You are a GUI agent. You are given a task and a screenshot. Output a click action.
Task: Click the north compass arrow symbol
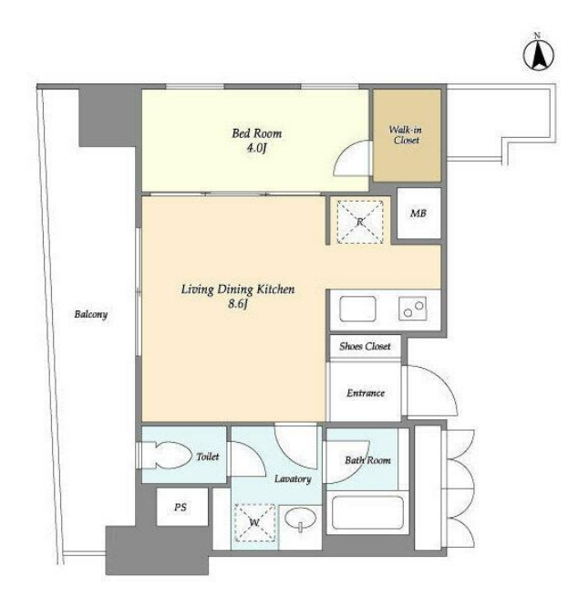click(x=538, y=56)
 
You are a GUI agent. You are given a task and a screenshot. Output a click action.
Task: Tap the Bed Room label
click(x=257, y=133)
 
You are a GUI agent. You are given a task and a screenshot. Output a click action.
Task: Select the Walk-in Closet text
click(x=406, y=135)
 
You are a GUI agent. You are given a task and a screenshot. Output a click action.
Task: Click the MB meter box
click(x=418, y=213)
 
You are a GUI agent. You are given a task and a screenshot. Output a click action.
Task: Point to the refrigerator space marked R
click(x=360, y=222)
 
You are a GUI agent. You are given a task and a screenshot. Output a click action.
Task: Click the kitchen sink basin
click(x=357, y=309)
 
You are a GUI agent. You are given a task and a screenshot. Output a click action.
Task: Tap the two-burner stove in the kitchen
click(x=412, y=309)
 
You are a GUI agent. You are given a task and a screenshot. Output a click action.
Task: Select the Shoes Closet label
click(x=365, y=346)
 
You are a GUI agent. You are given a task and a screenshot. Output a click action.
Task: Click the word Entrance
click(x=366, y=393)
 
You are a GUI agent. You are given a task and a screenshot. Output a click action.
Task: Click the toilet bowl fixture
click(x=169, y=455)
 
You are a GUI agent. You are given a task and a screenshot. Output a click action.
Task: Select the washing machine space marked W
click(x=254, y=522)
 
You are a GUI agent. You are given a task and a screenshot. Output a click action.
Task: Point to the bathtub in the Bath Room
click(x=367, y=512)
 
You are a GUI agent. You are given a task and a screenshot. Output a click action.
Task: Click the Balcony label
click(x=91, y=314)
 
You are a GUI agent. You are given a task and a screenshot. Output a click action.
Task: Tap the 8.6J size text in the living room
click(x=238, y=304)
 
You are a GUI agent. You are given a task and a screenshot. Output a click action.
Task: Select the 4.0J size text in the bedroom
click(x=256, y=148)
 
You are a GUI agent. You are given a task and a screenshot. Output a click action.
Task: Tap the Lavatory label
click(x=293, y=478)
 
